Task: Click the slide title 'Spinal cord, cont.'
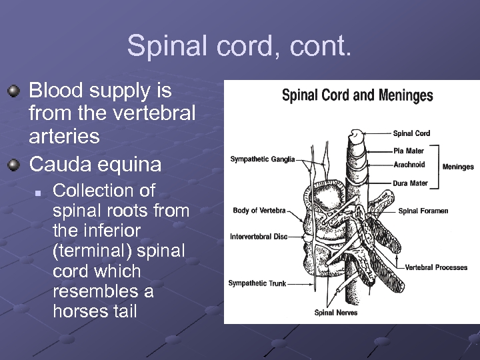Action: coord(239,46)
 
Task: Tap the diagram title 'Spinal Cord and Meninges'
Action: coord(357,95)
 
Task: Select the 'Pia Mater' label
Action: coord(409,151)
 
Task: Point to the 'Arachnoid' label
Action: coord(409,165)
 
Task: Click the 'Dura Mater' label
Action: coord(410,183)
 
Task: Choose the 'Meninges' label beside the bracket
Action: coord(458,167)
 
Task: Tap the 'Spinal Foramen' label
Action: coord(423,211)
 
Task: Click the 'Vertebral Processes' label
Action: coord(436,268)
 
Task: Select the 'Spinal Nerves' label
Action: coord(336,313)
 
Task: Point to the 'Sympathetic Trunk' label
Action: coord(257,283)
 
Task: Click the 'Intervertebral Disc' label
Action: coord(259,237)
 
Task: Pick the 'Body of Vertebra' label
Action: coord(259,211)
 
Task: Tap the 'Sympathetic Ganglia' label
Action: coord(263,159)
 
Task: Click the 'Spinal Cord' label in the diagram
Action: coord(411,133)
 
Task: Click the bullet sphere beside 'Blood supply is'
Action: coord(14,90)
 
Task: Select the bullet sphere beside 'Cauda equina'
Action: coord(14,163)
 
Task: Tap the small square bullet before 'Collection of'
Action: coord(39,191)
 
